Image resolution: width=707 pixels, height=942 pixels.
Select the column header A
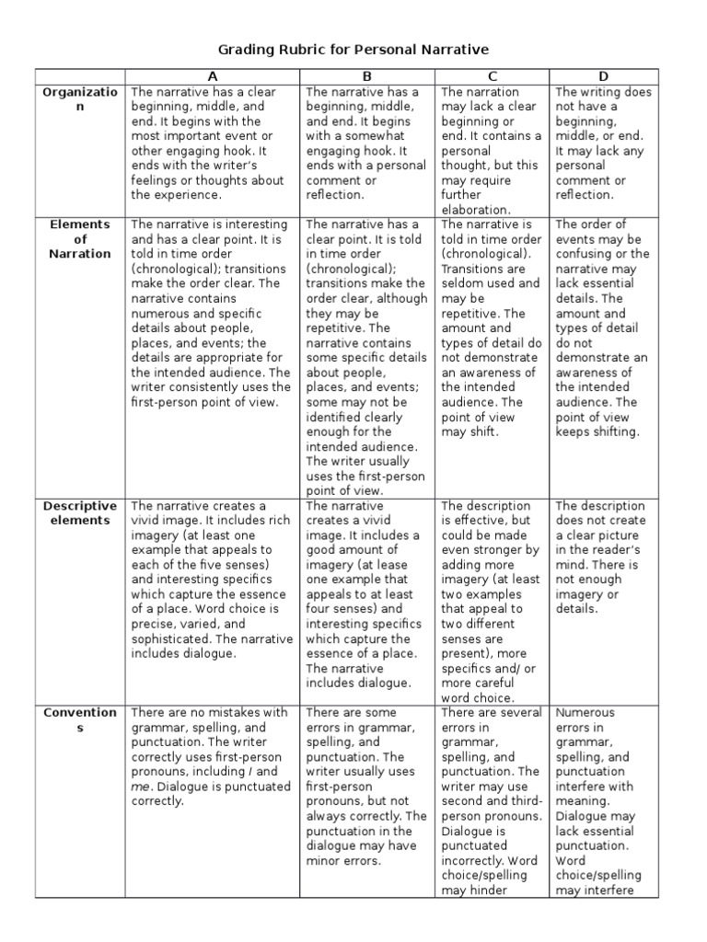click(x=213, y=76)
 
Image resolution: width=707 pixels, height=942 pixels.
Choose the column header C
click(x=493, y=76)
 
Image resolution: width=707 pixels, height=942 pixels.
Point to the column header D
click(x=605, y=76)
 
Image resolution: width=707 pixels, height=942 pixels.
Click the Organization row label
click(x=80, y=99)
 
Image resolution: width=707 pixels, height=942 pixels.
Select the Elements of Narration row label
click(x=80, y=239)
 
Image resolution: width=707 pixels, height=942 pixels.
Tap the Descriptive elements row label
click(x=80, y=513)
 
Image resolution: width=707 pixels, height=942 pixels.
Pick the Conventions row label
click(x=80, y=719)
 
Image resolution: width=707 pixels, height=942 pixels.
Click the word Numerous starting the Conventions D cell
click(x=585, y=712)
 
